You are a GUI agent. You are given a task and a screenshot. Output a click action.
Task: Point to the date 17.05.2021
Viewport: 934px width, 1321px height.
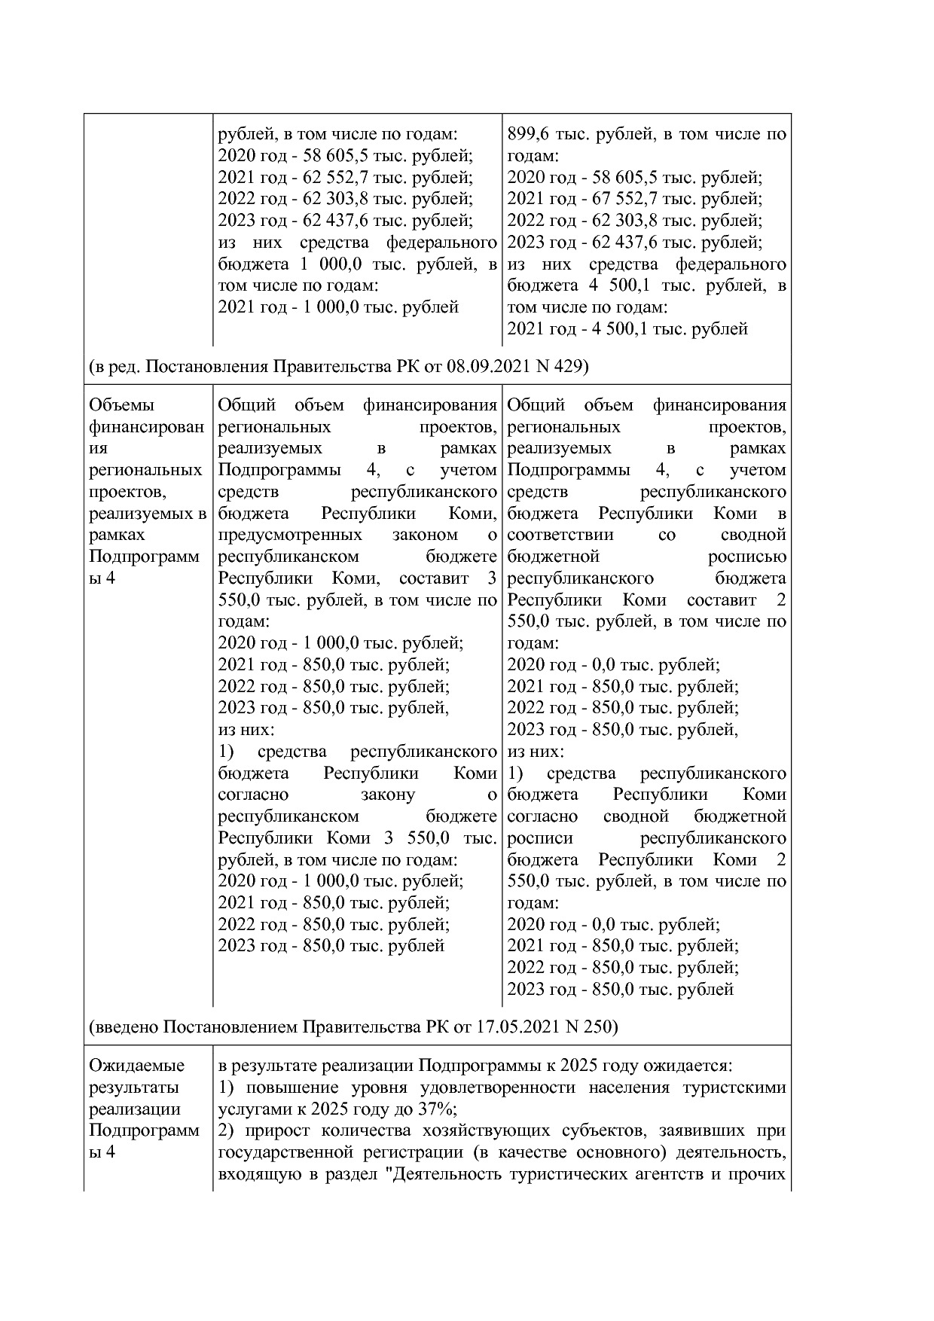(x=517, y=1027)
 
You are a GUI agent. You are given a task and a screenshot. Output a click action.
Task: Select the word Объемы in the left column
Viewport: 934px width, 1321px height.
(x=121, y=405)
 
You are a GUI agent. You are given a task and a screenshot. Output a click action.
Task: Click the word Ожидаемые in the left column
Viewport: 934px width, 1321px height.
(x=136, y=1066)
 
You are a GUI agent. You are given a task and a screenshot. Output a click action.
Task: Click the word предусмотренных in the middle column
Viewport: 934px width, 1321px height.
(x=289, y=535)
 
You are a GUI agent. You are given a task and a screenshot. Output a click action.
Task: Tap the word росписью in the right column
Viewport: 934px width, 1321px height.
(x=746, y=557)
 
